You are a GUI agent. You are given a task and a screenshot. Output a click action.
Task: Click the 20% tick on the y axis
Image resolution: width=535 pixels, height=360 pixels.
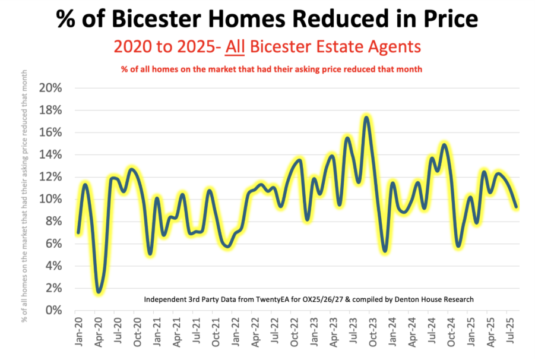click(x=50, y=88)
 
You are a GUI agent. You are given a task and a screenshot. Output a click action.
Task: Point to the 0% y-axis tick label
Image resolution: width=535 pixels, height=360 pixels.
click(x=53, y=310)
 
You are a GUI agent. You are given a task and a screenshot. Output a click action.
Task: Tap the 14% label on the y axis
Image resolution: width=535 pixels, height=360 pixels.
click(x=50, y=154)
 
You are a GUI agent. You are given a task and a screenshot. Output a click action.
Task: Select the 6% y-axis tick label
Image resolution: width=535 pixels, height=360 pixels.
click(x=53, y=244)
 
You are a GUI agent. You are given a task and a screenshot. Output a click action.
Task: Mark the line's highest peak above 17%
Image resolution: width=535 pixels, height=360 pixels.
click(x=366, y=118)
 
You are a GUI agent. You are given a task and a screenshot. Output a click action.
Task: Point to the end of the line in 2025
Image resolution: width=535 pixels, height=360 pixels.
click(x=516, y=207)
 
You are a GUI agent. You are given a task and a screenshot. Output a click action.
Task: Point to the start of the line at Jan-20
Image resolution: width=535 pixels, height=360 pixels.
click(x=78, y=232)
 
